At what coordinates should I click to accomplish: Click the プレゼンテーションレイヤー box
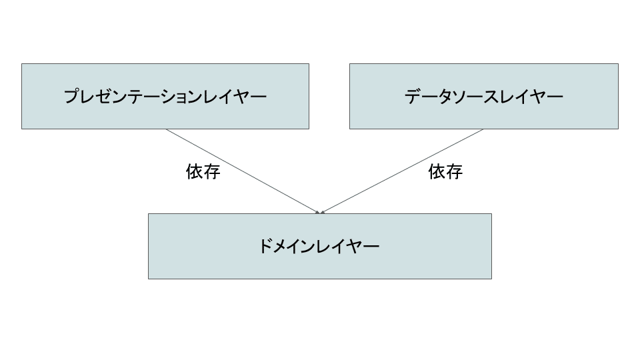coord(165,96)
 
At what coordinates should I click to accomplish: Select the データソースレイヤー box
coord(484,96)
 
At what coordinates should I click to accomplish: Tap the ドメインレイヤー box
coord(320,246)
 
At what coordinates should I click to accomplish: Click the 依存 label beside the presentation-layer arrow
coord(203,171)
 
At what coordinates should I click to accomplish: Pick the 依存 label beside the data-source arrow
coord(445,171)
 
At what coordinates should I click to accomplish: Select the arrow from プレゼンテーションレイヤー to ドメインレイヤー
coord(243,171)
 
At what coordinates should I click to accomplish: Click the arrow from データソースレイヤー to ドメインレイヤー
coord(401,171)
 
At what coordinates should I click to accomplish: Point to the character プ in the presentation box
coord(72,97)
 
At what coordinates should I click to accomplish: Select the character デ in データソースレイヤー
coord(413,97)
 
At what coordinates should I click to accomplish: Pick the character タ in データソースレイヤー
coord(445,97)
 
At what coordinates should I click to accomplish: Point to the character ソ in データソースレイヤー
coord(460,97)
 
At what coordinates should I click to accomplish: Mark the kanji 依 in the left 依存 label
coord(195,171)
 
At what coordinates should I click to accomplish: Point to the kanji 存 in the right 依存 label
coord(454,171)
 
